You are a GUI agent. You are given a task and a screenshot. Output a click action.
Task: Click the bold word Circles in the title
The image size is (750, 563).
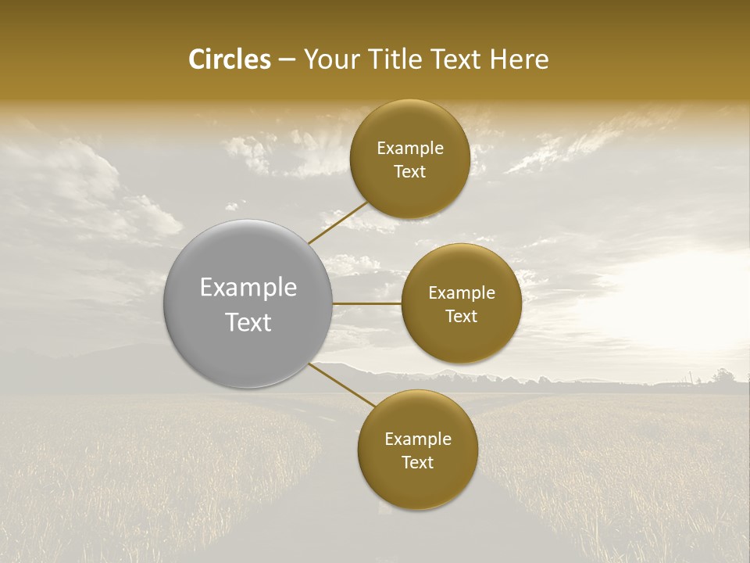tap(230, 59)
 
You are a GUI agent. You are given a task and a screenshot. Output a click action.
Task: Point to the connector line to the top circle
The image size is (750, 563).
tap(338, 223)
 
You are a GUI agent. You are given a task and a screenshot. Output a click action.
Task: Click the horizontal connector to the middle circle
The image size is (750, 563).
tap(367, 303)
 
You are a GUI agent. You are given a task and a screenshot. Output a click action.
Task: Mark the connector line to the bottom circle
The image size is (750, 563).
tap(341, 386)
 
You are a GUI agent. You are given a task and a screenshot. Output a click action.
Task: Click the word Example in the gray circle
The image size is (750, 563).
tap(248, 288)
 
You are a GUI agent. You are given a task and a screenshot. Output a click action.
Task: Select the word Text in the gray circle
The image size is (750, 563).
tap(248, 322)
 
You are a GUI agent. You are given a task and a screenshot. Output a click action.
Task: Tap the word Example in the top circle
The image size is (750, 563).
tap(410, 149)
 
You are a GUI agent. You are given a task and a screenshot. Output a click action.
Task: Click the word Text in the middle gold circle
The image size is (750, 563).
tap(462, 316)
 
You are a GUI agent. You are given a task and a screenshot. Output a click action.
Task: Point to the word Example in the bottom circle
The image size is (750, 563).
tap(418, 439)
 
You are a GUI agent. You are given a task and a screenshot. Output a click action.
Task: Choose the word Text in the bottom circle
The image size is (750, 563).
tap(418, 462)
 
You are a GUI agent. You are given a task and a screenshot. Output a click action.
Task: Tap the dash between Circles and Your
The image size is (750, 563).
tap(287, 60)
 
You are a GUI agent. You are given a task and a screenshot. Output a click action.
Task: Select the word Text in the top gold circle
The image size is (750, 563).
tap(410, 171)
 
